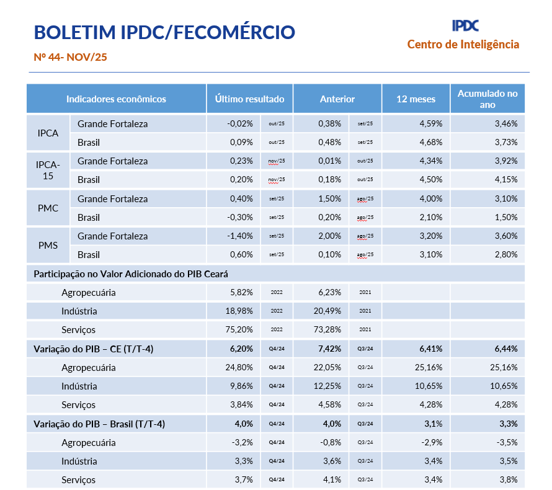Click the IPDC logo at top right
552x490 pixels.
pos(465,25)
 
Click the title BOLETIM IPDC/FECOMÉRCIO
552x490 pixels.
pos(164,32)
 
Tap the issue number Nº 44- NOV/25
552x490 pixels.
pos(71,57)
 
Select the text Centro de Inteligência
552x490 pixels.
pos(463,44)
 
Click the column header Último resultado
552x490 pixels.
pos(249,99)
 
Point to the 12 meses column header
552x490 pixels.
pos(416,99)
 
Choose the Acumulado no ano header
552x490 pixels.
pos(487,99)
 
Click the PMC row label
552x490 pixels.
pos(48,208)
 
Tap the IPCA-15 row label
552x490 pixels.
pos(48,170)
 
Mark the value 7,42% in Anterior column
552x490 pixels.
pos(329,349)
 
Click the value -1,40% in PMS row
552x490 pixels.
pos(240,236)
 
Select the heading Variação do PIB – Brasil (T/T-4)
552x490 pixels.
pos(99,424)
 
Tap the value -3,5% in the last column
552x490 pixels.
pos(507,442)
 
